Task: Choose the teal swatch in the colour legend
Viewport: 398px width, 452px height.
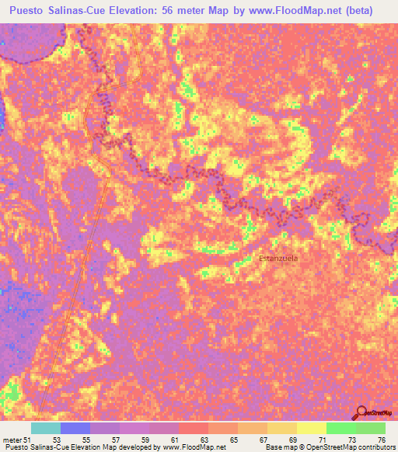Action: [46, 428]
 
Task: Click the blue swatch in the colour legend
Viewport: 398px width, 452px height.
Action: [75, 428]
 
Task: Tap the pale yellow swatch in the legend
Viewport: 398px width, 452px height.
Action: [312, 428]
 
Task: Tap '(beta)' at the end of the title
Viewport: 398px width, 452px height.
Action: [359, 11]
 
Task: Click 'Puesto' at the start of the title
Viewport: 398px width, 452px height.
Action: [31, 11]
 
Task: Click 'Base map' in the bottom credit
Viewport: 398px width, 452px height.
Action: [280, 447]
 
